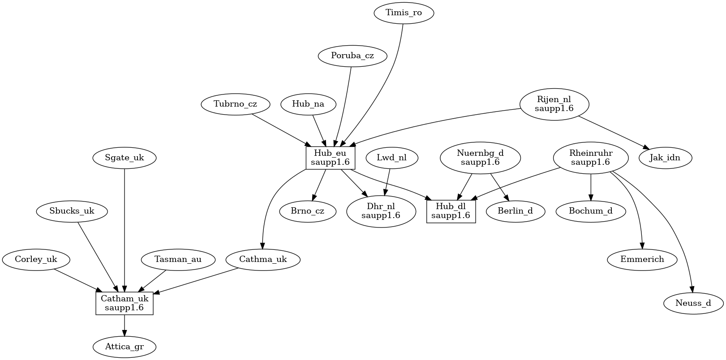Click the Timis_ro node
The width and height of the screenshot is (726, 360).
click(x=404, y=13)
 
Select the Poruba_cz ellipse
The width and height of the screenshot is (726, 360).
click(x=352, y=56)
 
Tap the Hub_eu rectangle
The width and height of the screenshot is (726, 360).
click(x=331, y=158)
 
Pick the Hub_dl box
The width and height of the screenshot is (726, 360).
click(x=451, y=212)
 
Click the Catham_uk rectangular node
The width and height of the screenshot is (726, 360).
click(x=125, y=303)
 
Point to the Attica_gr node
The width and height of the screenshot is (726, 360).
click(x=125, y=347)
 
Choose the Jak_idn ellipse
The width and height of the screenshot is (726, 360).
click(x=666, y=158)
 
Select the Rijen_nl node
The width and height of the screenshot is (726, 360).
click(x=554, y=104)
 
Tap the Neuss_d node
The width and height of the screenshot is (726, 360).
click(x=693, y=303)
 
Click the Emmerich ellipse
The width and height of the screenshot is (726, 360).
click(x=642, y=260)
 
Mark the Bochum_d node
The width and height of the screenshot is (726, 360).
click(x=591, y=212)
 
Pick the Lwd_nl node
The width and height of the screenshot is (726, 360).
click(x=392, y=158)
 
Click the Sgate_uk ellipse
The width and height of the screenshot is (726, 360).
click(x=125, y=158)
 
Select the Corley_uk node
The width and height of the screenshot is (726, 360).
click(x=36, y=260)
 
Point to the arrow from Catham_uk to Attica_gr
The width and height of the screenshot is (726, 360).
click(x=125, y=326)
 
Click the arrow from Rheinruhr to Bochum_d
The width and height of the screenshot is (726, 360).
click(x=591, y=188)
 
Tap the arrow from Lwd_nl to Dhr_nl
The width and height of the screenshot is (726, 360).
click(x=387, y=182)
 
